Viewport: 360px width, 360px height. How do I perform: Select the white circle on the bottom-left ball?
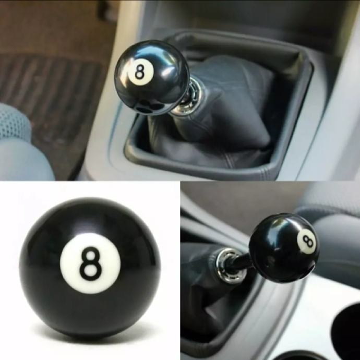(90, 263)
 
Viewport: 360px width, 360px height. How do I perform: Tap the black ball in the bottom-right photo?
(284, 248)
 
